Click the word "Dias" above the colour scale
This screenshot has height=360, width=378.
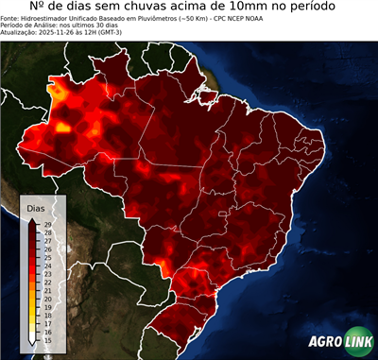tap(36, 207)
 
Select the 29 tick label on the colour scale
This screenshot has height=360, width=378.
tap(48, 224)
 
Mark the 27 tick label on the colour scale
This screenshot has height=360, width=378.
tap(48, 241)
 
